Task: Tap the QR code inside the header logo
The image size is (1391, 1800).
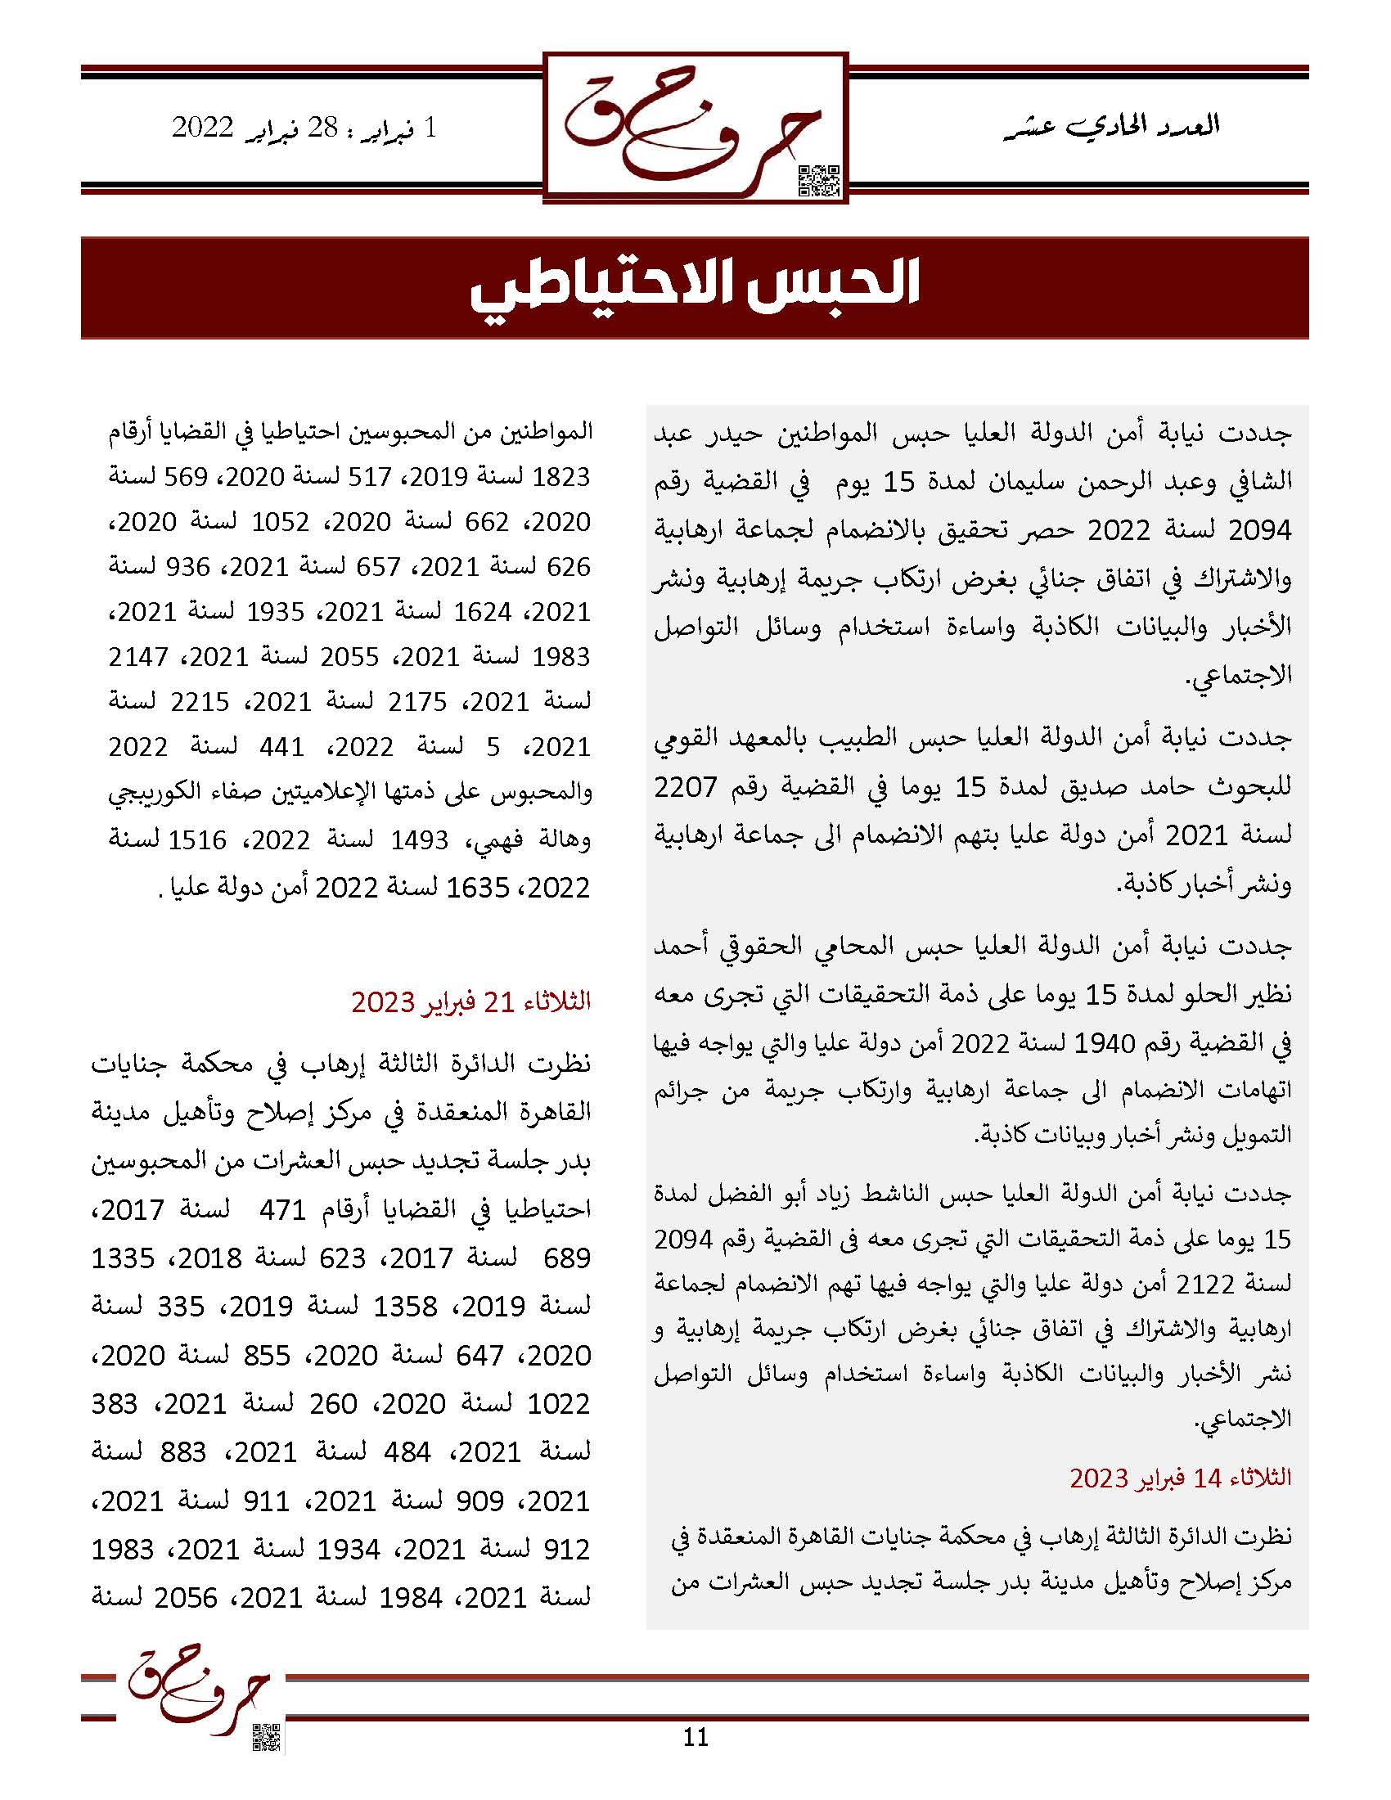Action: coord(820,181)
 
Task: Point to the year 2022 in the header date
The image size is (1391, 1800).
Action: coord(203,128)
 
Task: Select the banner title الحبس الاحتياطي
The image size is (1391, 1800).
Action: coord(695,288)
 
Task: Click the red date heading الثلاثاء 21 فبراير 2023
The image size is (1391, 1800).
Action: coord(471,1001)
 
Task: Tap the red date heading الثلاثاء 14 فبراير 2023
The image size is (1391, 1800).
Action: coord(1180,1478)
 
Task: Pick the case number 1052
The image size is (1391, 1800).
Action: coord(280,523)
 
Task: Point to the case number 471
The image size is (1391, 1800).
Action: coord(281,1210)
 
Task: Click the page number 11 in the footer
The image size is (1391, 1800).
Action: coord(695,1736)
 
